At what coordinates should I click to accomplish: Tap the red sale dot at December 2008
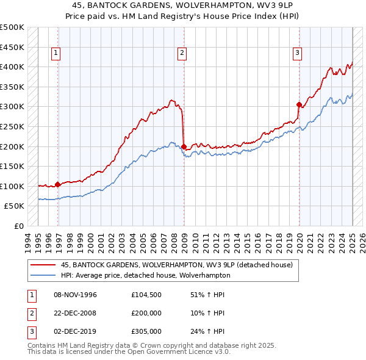184,146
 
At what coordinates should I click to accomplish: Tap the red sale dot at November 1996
57,184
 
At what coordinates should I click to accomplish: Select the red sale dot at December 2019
299,104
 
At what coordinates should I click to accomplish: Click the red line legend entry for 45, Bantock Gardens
177,265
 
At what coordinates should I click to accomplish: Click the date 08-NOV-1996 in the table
76,295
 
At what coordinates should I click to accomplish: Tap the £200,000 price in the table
146,313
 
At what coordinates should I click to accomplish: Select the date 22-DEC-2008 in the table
76,313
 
